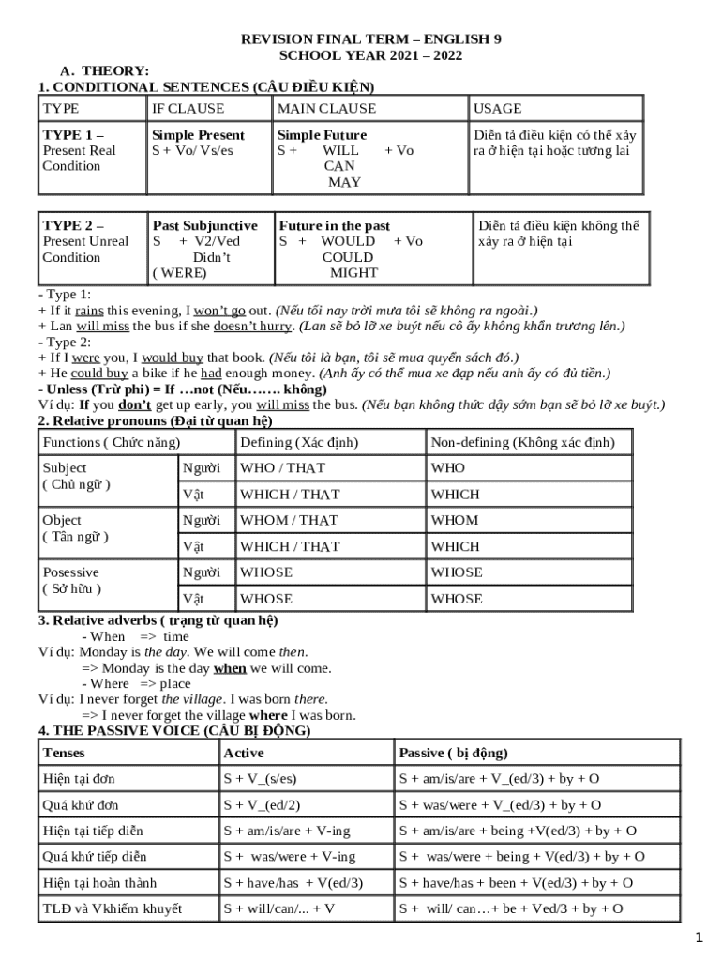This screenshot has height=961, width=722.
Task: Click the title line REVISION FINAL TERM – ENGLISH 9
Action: [x=371, y=39]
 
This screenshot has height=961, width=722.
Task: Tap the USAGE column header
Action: [x=498, y=109]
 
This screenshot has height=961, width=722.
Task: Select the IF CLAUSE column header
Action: [x=188, y=109]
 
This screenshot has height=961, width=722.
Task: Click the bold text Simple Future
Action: [x=323, y=135]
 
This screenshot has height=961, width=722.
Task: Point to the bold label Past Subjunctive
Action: [x=204, y=226]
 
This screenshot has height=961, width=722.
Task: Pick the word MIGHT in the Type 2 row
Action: [x=353, y=273]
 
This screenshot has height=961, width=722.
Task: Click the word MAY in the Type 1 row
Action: [x=344, y=182]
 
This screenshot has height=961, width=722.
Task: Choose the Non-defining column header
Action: [x=522, y=442]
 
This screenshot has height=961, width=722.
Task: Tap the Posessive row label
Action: [x=71, y=572]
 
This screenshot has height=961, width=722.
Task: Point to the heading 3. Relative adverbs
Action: [x=158, y=621]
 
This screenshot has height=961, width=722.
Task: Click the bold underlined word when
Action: [x=230, y=668]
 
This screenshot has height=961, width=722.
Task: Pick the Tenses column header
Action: [x=64, y=753]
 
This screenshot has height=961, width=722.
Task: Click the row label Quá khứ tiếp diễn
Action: [x=95, y=857]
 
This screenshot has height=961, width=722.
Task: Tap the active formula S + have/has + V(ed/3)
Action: [x=293, y=883]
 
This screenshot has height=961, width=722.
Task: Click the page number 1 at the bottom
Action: [x=698, y=938]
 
